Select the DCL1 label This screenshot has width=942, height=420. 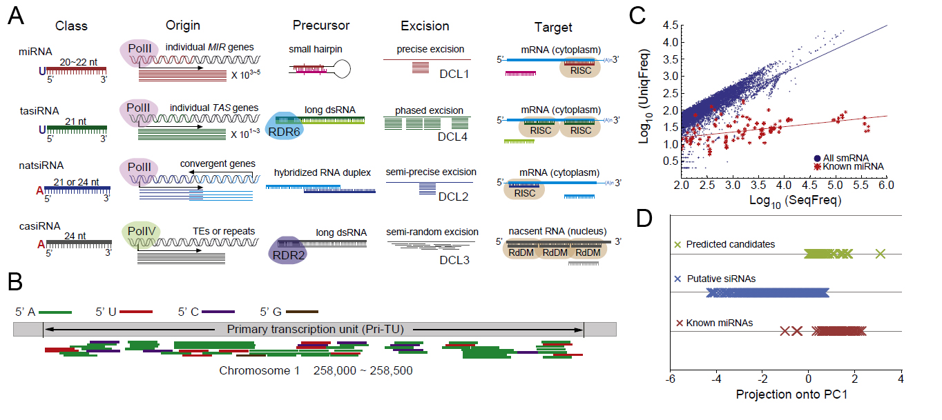click(454, 72)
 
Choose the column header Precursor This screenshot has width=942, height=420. click(320, 26)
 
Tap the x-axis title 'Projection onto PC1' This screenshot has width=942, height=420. click(785, 395)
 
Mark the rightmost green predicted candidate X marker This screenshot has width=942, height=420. click(880, 254)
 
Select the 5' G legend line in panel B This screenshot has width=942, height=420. click(302, 312)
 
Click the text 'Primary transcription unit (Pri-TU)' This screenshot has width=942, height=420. click(313, 330)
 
